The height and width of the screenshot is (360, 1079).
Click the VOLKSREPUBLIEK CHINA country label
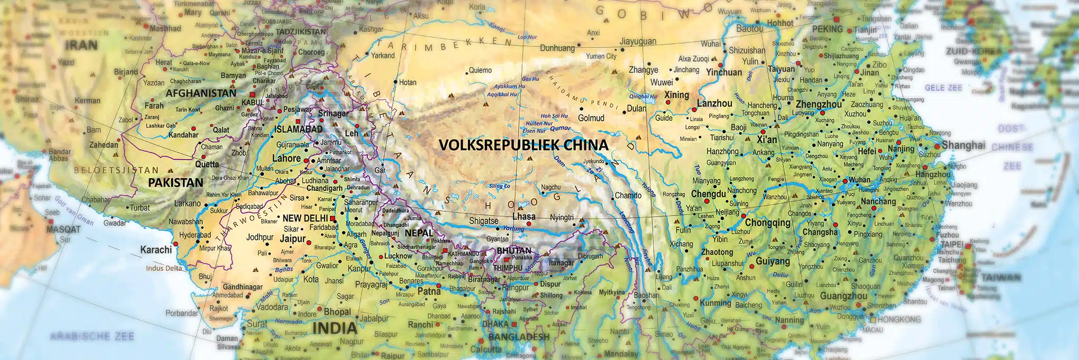click(x=523, y=145)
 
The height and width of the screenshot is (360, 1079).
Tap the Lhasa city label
click(x=524, y=217)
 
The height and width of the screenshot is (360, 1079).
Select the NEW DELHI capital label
click(x=305, y=218)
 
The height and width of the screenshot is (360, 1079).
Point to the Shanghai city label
click(x=963, y=145)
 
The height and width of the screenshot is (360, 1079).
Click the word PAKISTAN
click(x=175, y=183)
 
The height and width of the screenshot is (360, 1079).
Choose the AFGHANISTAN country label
click(x=201, y=93)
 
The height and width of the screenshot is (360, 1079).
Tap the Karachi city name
click(x=156, y=249)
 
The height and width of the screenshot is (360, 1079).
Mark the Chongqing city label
click(x=767, y=222)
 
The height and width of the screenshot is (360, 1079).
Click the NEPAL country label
click(x=419, y=233)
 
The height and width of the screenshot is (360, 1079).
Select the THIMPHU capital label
click(x=507, y=268)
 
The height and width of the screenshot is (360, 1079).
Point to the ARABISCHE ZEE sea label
click(x=92, y=336)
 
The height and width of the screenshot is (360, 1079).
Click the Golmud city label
click(x=591, y=118)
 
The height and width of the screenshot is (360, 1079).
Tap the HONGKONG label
click(x=899, y=319)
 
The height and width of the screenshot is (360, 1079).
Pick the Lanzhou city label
click(x=714, y=104)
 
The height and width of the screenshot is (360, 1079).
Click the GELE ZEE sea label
click(x=943, y=88)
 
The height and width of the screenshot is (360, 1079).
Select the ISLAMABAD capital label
click(x=298, y=129)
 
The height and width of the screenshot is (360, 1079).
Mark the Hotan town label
click(x=408, y=82)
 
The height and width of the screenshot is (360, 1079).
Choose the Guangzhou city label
click(x=843, y=296)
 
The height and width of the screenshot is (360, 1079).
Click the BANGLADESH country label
click(x=518, y=337)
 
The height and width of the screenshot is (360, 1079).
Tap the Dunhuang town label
click(x=557, y=48)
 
